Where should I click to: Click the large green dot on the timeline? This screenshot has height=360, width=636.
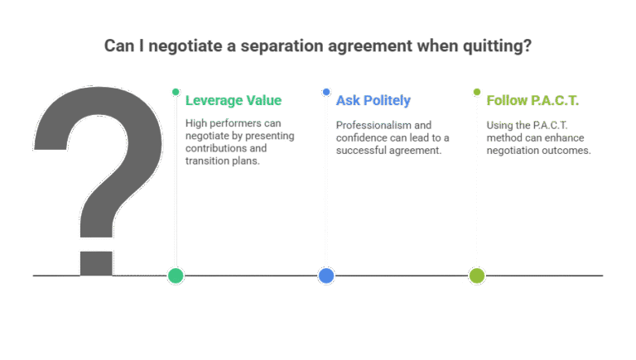click(x=176, y=276)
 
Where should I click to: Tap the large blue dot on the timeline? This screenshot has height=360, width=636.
click(x=326, y=276)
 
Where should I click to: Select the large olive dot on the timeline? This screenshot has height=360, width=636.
click(x=477, y=276)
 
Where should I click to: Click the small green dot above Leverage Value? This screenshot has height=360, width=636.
click(x=176, y=92)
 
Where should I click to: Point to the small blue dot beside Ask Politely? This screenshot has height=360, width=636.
click(x=326, y=92)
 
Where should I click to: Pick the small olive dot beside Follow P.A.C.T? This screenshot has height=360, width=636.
click(x=477, y=92)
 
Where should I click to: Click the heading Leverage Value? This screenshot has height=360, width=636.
click(x=234, y=100)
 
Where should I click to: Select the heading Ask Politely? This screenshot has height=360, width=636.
click(x=373, y=100)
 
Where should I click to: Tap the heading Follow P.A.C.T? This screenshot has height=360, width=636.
click(x=532, y=100)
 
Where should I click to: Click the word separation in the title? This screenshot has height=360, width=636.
click(x=282, y=46)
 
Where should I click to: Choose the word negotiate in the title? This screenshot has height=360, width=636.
click(x=185, y=46)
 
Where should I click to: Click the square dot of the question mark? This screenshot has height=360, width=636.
click(x=96, y=263)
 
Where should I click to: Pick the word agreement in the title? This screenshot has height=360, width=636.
click(x=370, y=46)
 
